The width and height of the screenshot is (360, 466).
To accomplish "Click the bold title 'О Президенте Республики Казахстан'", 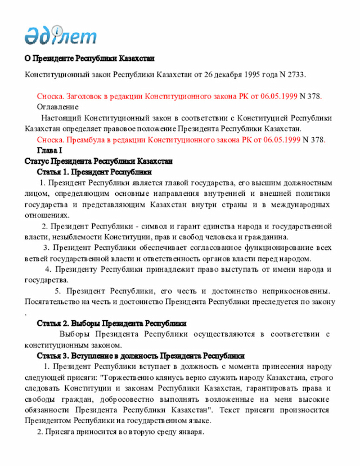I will (x=89, y=59).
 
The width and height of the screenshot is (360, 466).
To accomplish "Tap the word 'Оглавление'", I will (x=57, y=107).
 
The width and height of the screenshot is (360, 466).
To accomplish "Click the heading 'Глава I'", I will (x=49, y=150).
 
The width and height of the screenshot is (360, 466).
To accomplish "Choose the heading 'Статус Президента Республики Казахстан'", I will (x=98, y=161).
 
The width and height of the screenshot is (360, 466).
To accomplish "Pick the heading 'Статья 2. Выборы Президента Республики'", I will (x=111, y=324).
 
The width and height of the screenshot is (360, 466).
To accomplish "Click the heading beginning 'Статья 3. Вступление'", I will (x=141, y=356).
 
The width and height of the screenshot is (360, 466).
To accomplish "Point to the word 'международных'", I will (x=303, y=205).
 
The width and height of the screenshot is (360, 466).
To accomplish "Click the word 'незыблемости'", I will (x=73, y=237).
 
